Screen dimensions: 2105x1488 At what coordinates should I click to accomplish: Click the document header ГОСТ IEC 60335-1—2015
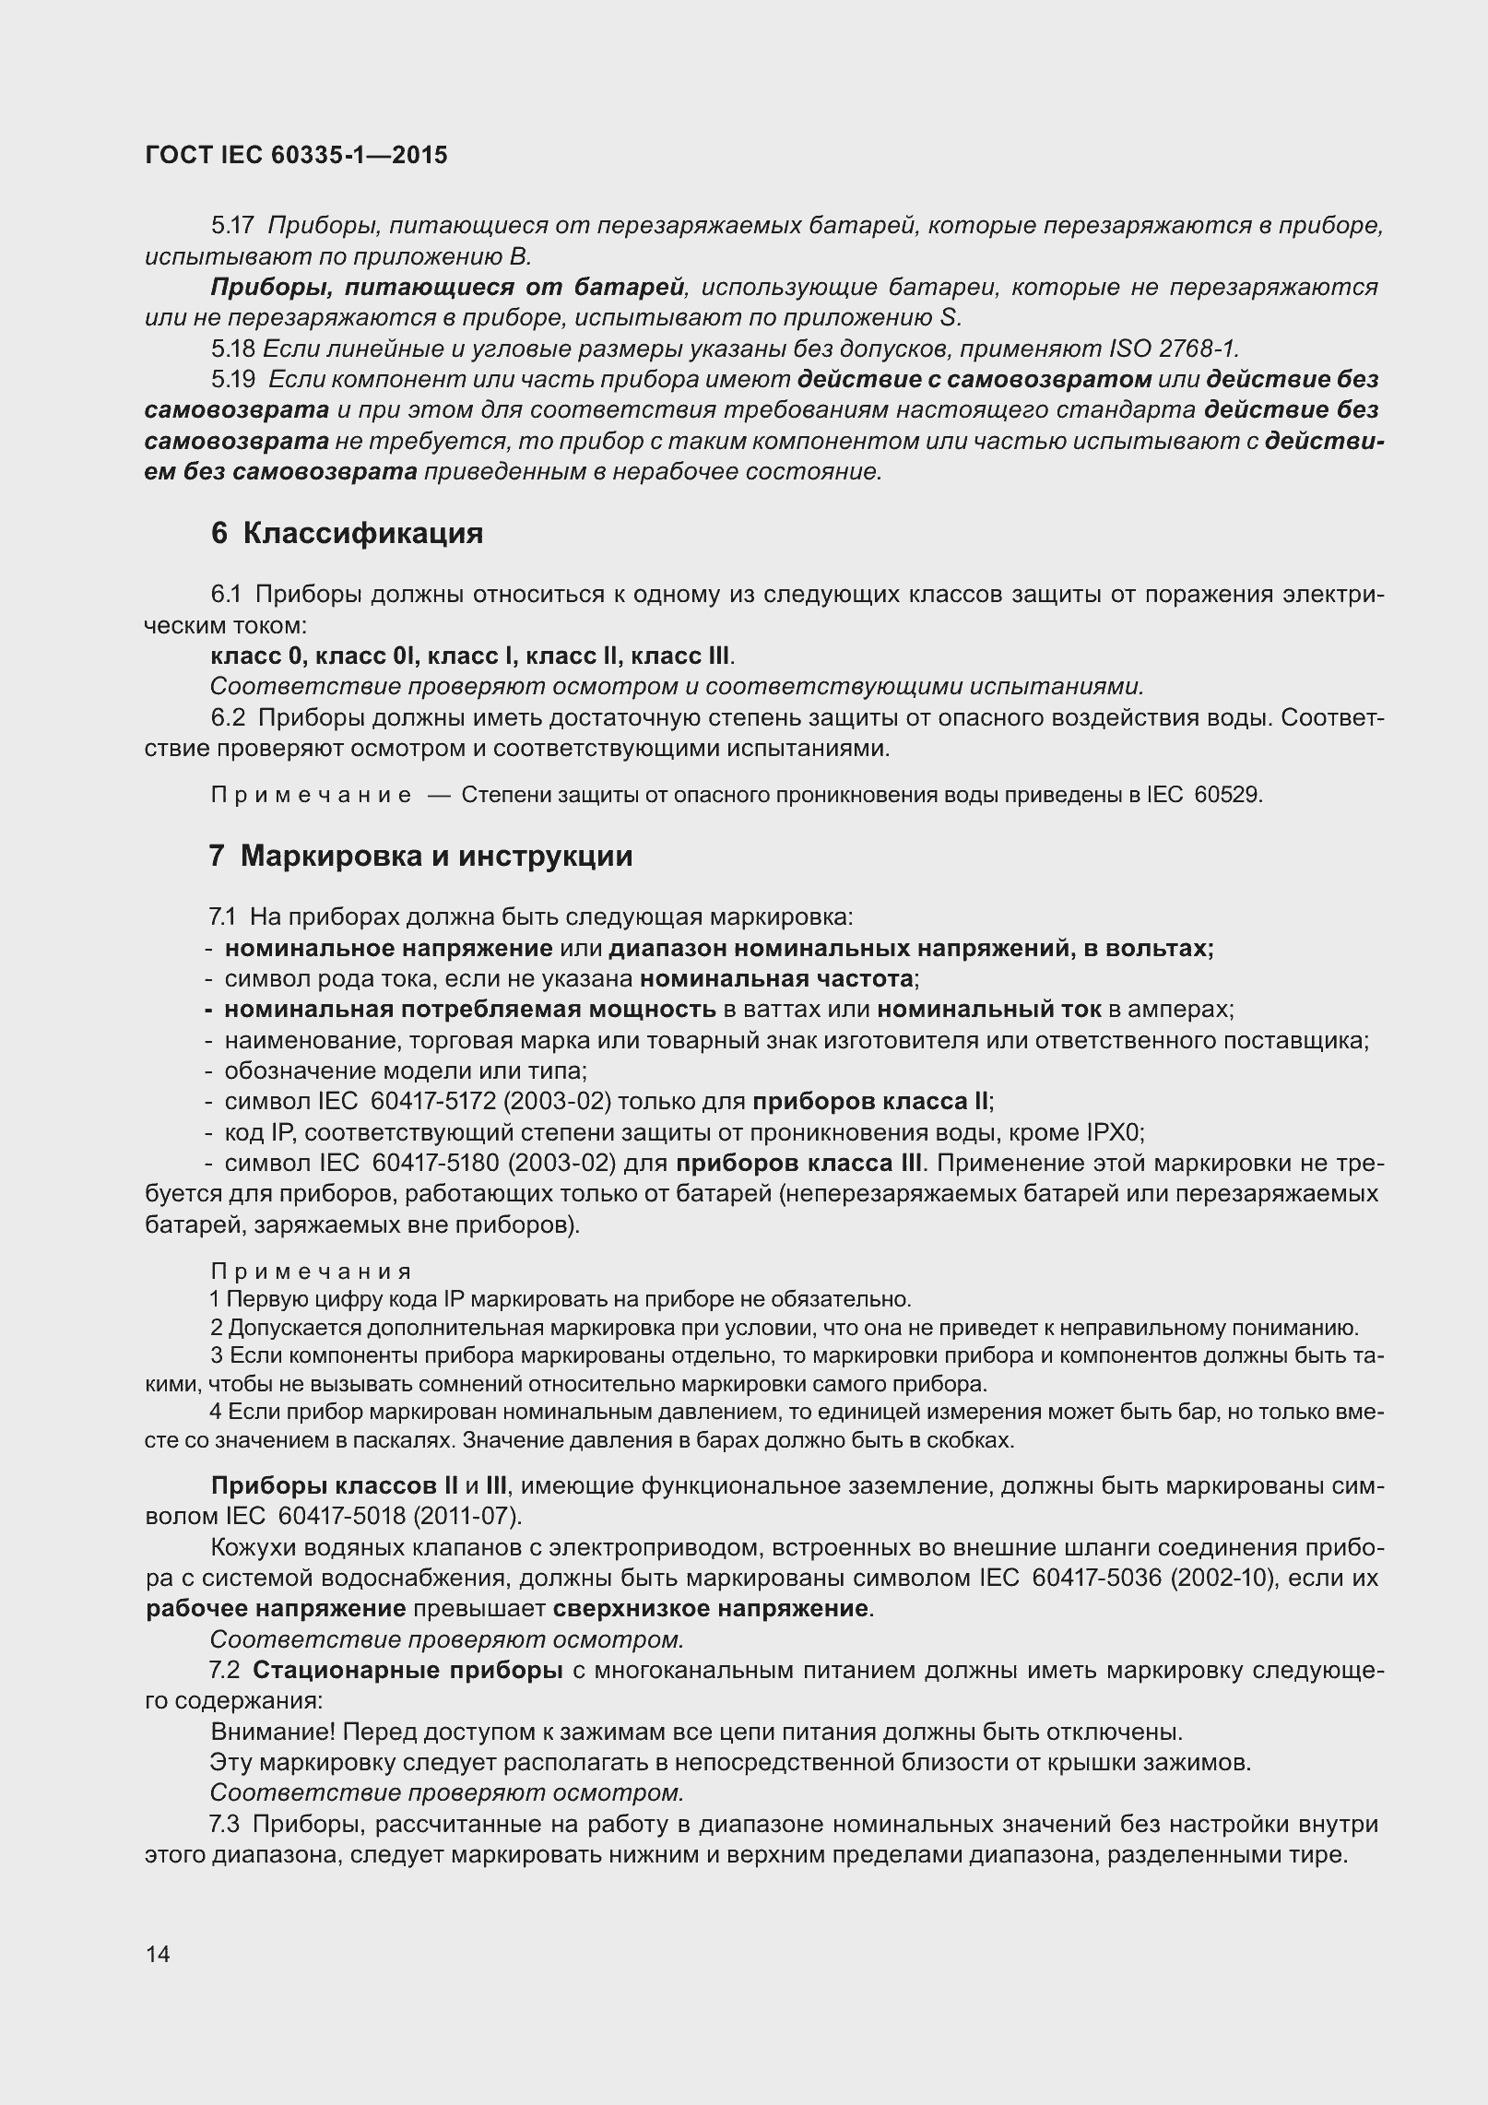296,155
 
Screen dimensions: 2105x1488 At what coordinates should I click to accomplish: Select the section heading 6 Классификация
347,533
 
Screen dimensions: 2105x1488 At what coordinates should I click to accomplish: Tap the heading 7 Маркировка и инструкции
421,856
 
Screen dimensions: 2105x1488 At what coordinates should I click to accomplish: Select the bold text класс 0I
368,656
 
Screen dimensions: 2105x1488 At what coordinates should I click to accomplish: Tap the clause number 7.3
225,1824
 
